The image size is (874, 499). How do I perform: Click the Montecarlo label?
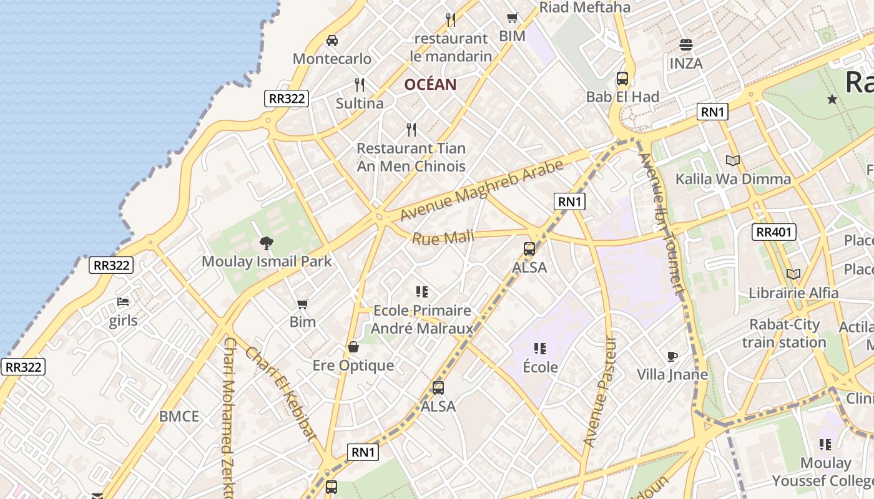click(x=332, y=59)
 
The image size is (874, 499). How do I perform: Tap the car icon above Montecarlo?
click(x=332, y=41)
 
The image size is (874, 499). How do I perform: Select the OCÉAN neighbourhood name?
click(x=430, y=84)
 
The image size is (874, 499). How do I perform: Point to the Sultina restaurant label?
click(x=360, y=103)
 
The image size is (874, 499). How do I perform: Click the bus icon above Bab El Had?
click(x=622, y=79)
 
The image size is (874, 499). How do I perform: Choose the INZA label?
click(x=686, y=63)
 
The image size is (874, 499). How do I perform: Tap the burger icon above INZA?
click(x=686, y=45)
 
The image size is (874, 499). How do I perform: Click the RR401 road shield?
click(x=774, y=232)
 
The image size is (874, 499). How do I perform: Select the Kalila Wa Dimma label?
click(x=733, y=179)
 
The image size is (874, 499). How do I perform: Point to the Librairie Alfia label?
click(x=793, y=292)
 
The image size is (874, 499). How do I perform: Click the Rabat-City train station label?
click(x=784, y=333)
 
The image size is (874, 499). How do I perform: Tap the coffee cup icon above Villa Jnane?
click(x=672, y=356)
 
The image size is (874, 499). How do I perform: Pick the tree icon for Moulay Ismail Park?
click(x=267, y=243)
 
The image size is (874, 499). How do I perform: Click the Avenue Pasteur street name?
click(x=599, y=392)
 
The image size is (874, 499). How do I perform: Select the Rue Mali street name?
click(x=443, y=237)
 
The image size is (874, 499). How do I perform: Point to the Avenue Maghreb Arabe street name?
click(x=482, y=190)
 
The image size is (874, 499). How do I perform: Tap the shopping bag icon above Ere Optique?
click(x=353, y=347)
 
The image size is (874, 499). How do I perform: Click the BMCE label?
click(x=179, y=416)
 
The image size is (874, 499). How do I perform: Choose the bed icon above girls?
click(x=123, y=303)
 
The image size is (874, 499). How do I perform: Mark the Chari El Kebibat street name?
click(x=281, y=394)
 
